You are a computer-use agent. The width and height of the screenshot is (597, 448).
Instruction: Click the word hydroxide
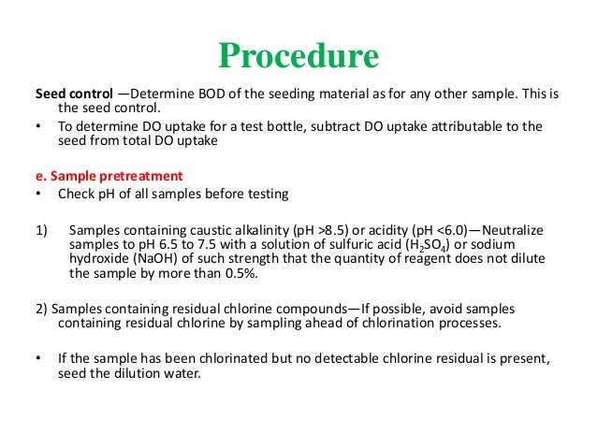98,259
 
